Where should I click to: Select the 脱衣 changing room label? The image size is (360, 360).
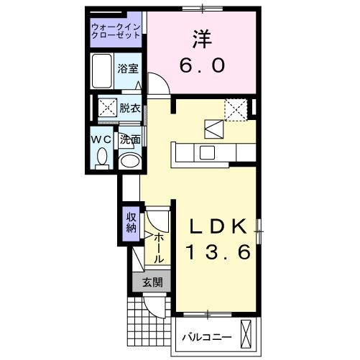point(129,109)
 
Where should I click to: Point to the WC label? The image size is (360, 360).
point(101,139)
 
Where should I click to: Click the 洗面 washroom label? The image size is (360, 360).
point(129,139)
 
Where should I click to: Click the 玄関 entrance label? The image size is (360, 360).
point(151,282)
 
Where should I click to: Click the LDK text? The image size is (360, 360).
point(219,226)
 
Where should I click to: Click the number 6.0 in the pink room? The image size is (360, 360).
point(202,65)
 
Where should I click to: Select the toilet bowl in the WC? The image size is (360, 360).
point(101,157)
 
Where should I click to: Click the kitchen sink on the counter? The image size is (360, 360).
point(208,152)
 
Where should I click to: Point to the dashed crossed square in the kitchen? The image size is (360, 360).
point(235,109)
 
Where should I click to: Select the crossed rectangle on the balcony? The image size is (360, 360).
point(248,336)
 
